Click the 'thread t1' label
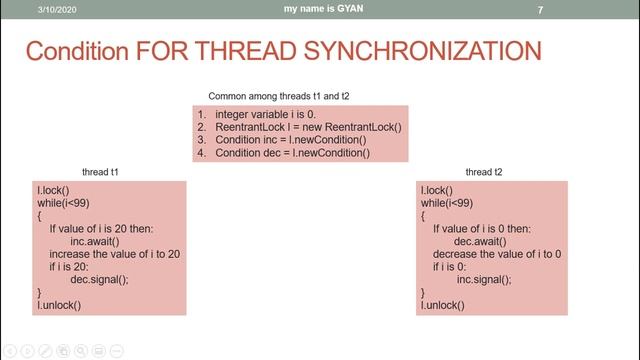[x=100, y=173]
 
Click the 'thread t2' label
[x=484, y=173]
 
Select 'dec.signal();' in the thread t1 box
[x=101, y=280]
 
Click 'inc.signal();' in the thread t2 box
[x=484, y=280]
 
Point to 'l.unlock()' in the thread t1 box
[x=58, y=305]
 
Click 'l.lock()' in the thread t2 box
[x=437, y=190]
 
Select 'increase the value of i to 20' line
[x=115, y=255]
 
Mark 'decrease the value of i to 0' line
[x=497, y=255]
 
